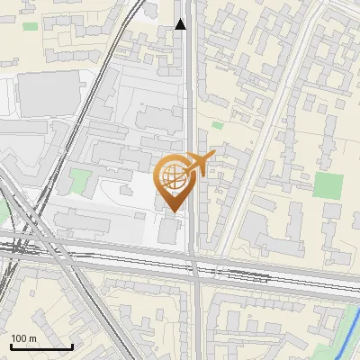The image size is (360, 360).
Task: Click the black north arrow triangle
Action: pyautogui.click(x=181, y=24)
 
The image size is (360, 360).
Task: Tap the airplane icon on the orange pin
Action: pyautogui.click(x=199, y=163)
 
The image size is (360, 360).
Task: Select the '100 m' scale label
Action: pyautogui.click(x=23, y=337)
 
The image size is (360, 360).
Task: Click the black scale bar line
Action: pyautogui.click(x=40, y=346)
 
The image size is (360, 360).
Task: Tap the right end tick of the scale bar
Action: pyautogui.click(x=72, y=345)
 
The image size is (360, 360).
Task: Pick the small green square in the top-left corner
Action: pyautogui.click(x=31, y=26)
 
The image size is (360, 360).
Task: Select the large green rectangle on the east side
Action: pyautogui.click(x=328, y=186)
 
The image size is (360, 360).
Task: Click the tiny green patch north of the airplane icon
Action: pyautogui.click(x=217, y=125)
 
